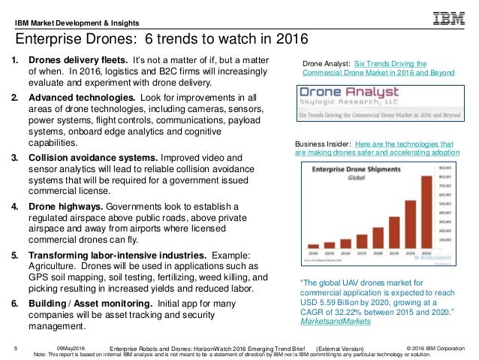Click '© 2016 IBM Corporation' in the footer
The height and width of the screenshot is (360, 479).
coord(435,346)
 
